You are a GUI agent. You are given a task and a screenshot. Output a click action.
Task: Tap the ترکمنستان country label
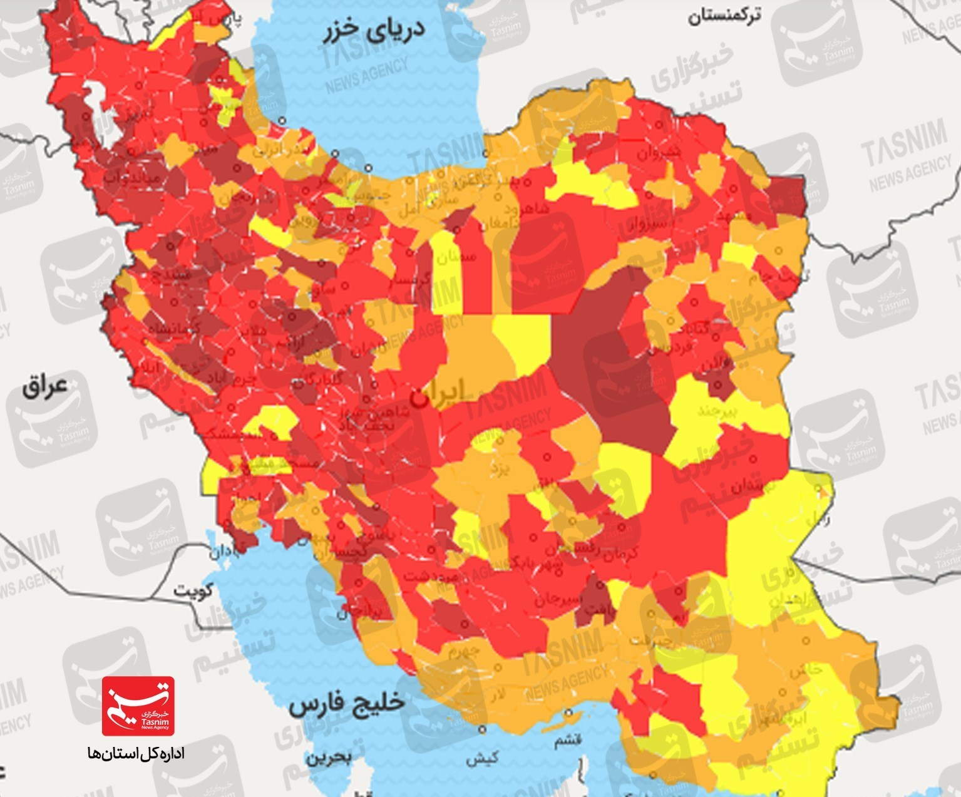pyautogui.click(x=724, y=16)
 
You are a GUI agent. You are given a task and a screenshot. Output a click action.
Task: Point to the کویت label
pyautogui.click(x=193, y=590)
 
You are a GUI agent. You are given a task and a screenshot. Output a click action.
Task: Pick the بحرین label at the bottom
pyautogui.click(x=328, y=758)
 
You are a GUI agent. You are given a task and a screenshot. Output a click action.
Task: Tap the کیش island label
pyautogui.click(x=481, y=759)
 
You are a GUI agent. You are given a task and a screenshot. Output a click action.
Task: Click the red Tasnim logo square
pyautogui.click(x=138, y=706)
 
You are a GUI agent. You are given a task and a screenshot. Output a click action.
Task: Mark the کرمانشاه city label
pyautogui.click(x=172, y=328)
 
